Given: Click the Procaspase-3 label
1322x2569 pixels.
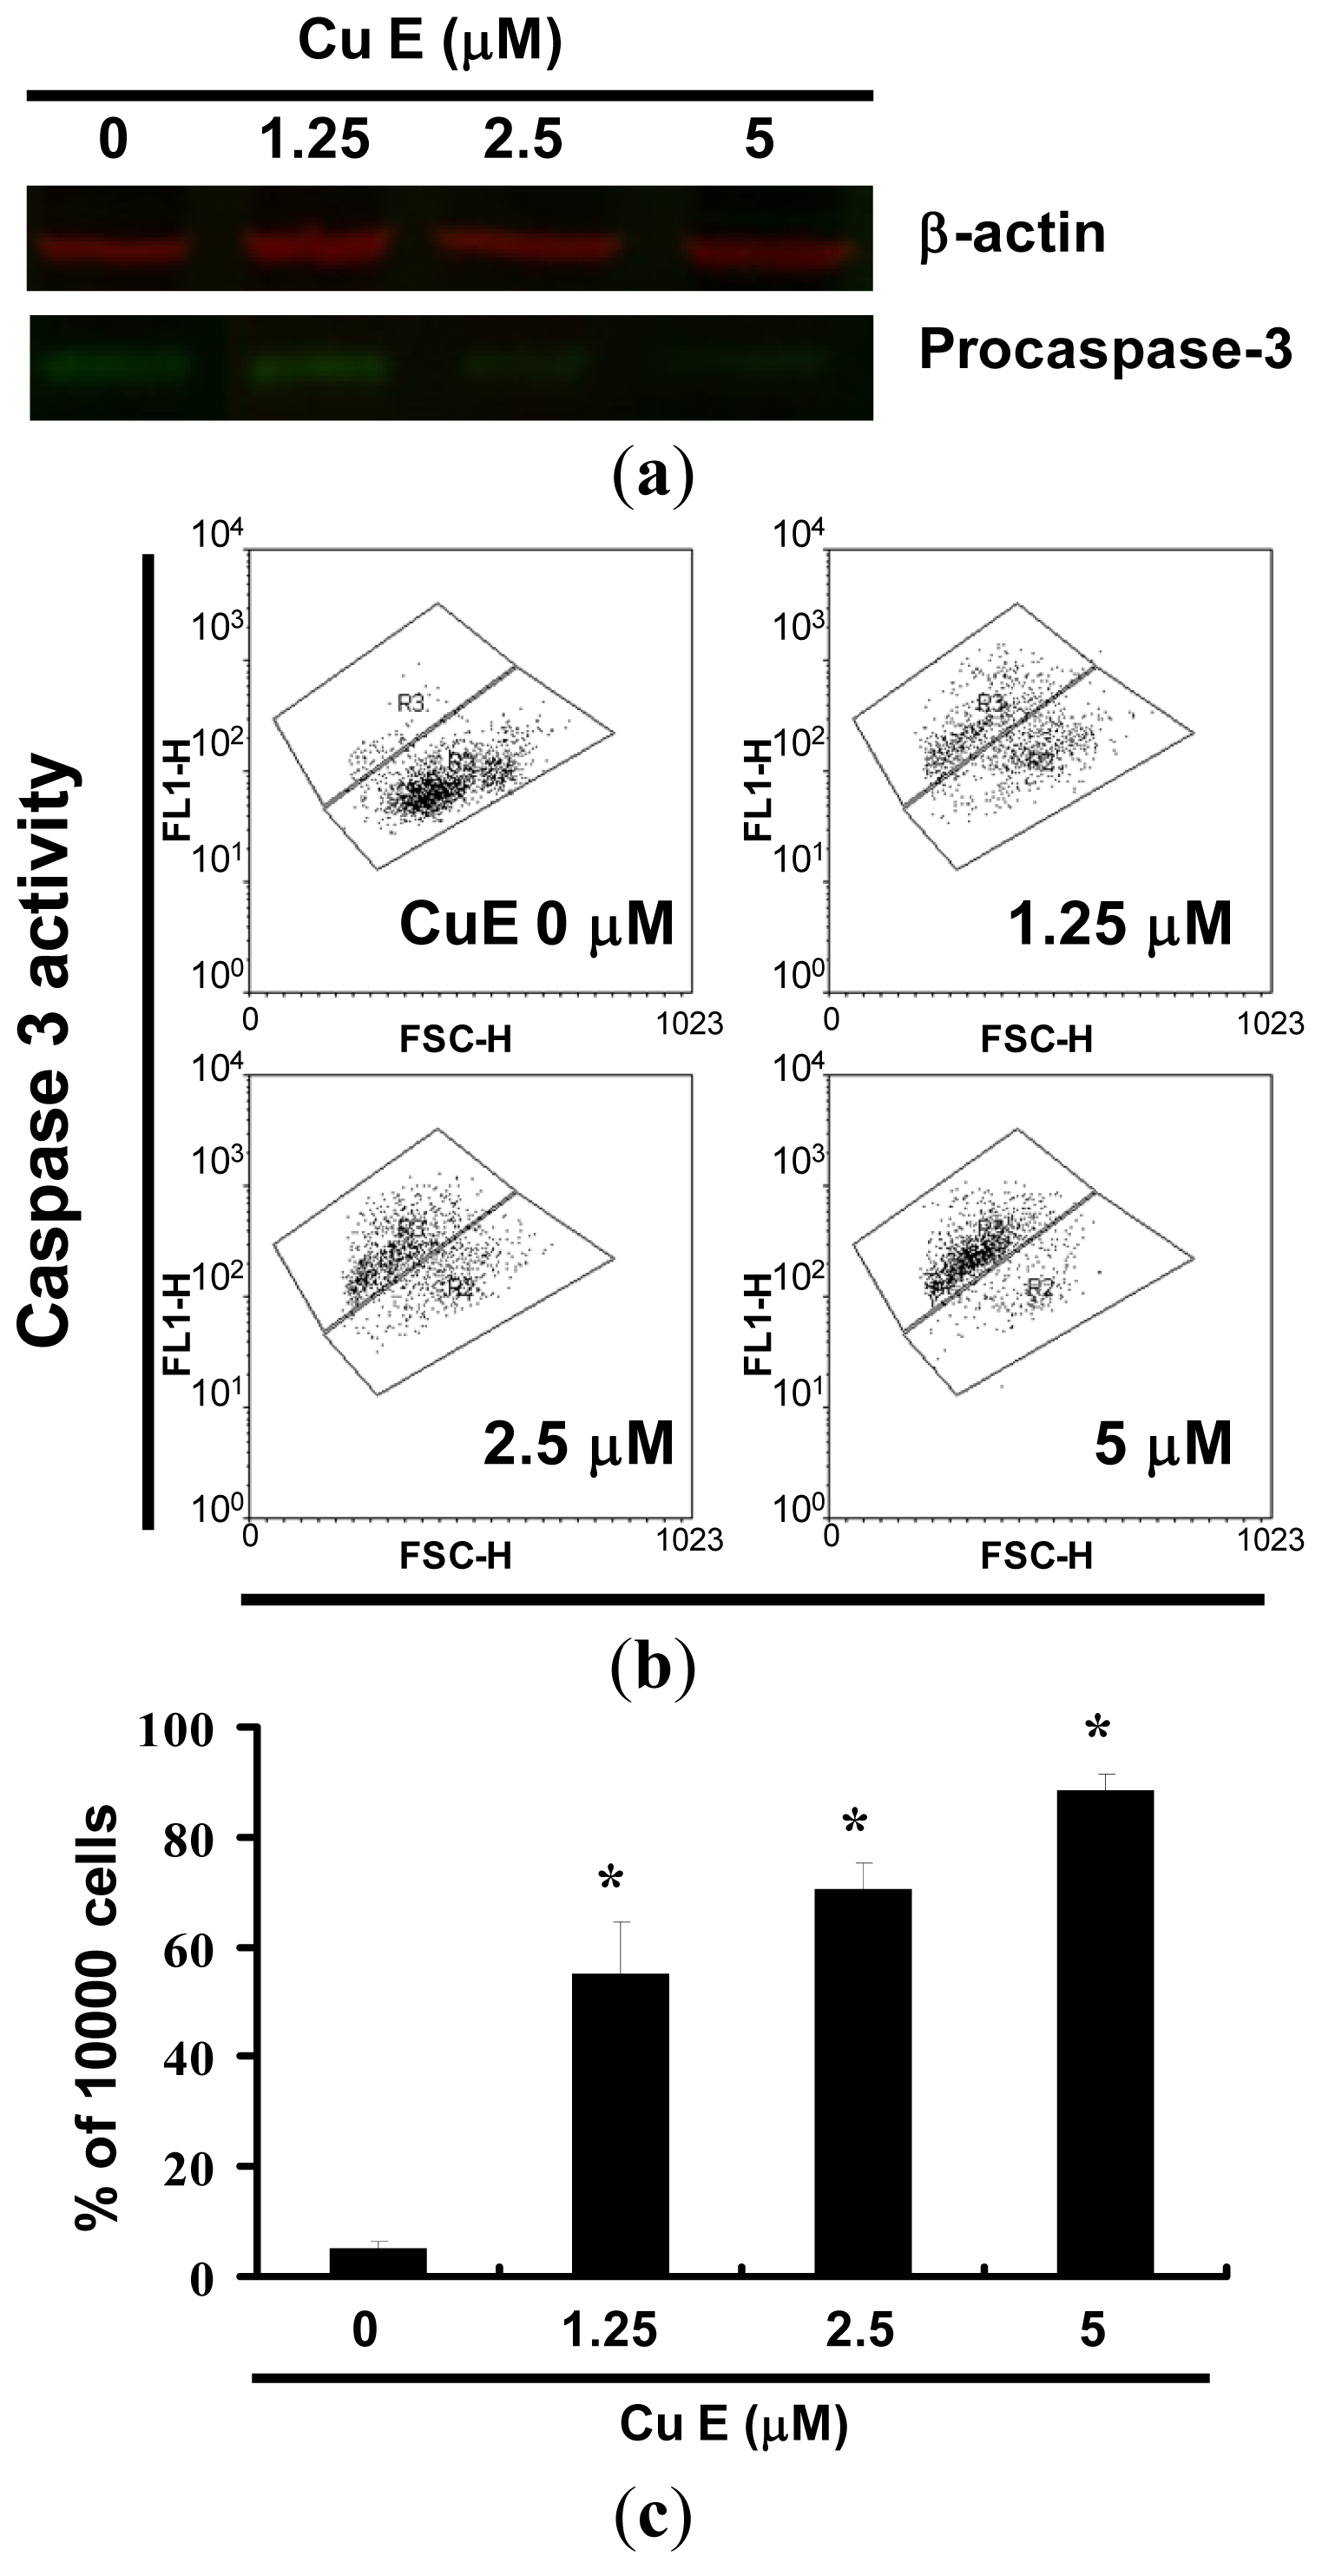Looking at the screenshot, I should click(x=1105, y=350).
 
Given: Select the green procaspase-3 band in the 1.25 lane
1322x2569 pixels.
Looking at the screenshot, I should click(x=317, y=368).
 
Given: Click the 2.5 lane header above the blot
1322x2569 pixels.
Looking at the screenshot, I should click(x=523, y=139).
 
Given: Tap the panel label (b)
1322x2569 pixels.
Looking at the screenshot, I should click(x=653, y=1665).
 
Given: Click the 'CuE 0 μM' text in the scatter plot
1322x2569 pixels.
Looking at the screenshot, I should click(x=536, y=925).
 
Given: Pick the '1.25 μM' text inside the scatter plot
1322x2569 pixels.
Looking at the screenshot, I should click(x=1120, y=925).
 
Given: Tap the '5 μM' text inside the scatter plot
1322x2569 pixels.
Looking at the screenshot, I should click(x=1162, y=1444).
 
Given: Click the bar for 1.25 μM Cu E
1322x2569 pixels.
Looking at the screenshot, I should click(x=620, y=2124).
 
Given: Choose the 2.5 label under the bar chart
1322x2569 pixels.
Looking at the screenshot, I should click(x=860, y=2330).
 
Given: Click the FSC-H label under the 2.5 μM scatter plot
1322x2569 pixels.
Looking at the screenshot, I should click(x=456, y=1556).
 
